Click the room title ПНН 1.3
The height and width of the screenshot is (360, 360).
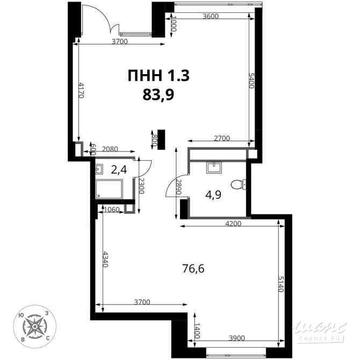(159, 76)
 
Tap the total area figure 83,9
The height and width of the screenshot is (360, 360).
(159, 95)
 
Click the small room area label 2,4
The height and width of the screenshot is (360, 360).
(119, 170)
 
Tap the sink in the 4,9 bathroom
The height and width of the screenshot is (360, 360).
(214, 167)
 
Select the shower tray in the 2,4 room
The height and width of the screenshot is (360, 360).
(110, 189)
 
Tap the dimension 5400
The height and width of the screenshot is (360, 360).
(251, 83)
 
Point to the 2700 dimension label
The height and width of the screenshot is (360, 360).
(221, 138)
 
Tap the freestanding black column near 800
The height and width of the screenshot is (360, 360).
(160, 140)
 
